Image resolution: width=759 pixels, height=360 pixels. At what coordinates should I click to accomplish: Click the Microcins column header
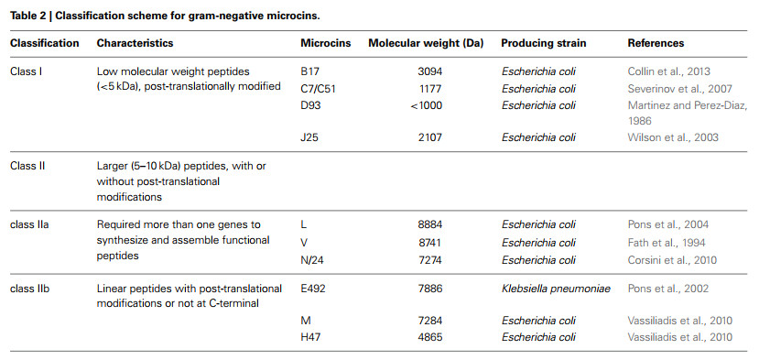(x=326, y=43)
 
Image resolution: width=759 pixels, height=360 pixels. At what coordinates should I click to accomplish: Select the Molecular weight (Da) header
(x=426, y=43)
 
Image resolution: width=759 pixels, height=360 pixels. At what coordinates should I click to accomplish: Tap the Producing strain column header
(x=544, y=43)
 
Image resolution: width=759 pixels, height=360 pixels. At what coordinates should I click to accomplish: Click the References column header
(x=656, y=43)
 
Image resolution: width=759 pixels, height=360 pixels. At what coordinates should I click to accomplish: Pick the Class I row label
(x=25, y=71)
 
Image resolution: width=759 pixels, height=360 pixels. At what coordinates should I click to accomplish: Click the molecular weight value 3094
(x=430, y=71)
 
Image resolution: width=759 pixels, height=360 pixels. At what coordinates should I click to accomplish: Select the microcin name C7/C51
(x=317, y=89)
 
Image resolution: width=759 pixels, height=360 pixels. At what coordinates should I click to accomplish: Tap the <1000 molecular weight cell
(x=426, y=105)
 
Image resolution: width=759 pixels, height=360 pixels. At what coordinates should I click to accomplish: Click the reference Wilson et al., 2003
(x=673, y=137)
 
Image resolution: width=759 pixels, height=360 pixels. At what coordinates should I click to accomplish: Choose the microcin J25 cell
(x=309, y=137)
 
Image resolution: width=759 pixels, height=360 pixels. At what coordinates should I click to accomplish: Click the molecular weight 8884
(x=430, y=224)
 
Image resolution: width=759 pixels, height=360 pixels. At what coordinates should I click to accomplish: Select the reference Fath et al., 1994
(x=667, y=243)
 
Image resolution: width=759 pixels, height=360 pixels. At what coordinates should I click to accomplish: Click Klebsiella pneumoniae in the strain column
(x=556, y=289)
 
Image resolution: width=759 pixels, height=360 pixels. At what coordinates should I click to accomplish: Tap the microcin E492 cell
(x=313, y=289)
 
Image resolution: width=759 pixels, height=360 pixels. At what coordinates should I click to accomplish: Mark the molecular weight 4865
(x=430, y=337)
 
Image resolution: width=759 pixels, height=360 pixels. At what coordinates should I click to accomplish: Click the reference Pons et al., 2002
(x=668, y=289)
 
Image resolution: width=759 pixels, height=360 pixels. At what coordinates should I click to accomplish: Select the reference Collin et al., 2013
(x=669, y=71)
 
